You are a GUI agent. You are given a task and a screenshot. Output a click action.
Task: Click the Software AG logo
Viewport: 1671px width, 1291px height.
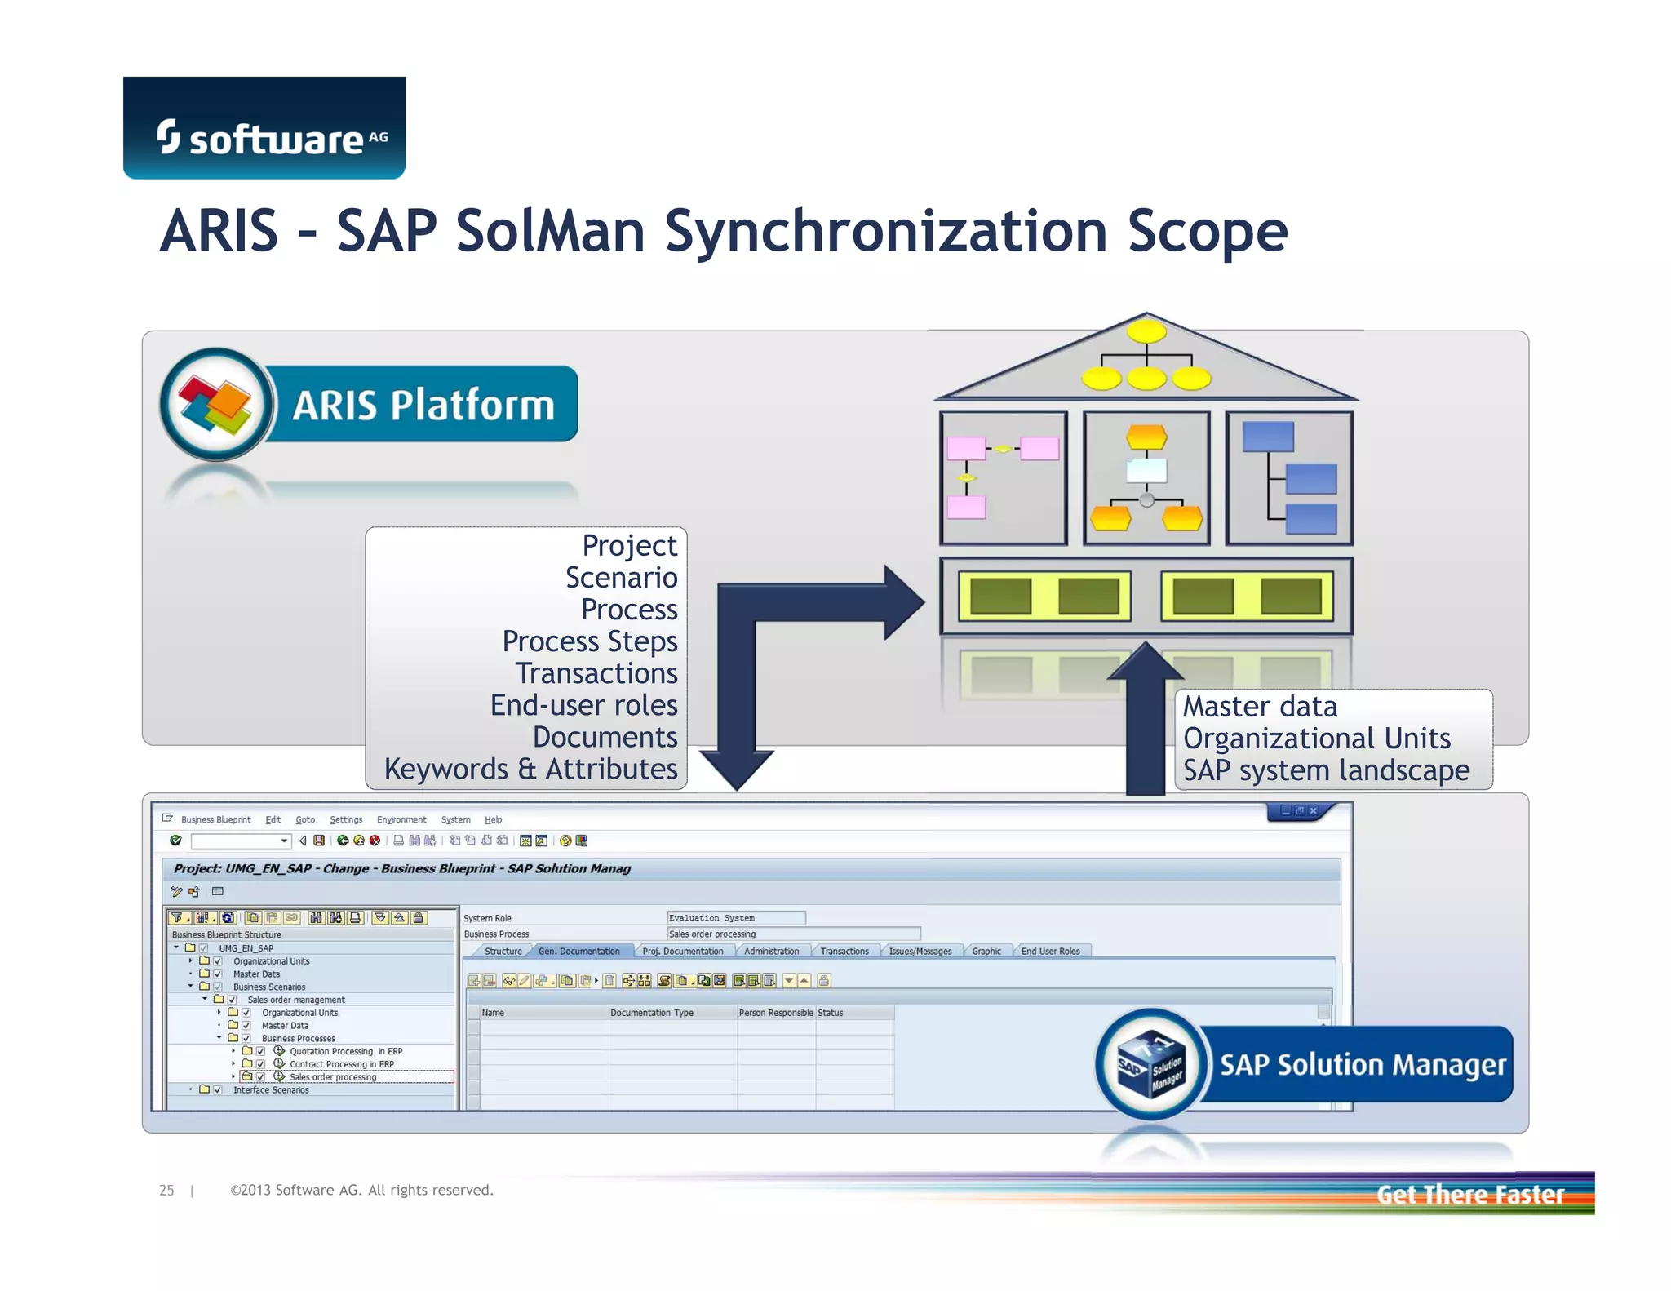pos(264,129)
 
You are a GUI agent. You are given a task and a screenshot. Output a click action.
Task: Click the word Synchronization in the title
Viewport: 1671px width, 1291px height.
pos(885,232)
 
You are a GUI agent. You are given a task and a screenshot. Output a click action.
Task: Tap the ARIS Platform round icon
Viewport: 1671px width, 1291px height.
pos(216,404)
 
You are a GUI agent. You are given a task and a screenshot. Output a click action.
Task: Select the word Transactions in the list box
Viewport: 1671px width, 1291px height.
pos(596,673)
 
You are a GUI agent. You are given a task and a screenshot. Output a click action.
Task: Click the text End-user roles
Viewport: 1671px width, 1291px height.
pos(583,705)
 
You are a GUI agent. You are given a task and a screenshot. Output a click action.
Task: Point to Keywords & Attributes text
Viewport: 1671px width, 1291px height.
pos(530,769)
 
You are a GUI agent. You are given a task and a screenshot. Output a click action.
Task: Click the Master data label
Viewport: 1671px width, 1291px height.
pos(1260,707)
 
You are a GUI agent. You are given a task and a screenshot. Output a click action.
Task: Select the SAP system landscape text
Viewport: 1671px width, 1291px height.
pos(1326,770)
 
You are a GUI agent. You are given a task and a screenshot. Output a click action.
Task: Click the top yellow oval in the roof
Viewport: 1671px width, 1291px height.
pos(1146,331)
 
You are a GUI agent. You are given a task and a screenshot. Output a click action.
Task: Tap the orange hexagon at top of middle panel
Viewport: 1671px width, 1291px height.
pos(1146,437)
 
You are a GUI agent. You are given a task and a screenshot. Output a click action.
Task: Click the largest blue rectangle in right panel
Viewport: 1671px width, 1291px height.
pos(1268,437)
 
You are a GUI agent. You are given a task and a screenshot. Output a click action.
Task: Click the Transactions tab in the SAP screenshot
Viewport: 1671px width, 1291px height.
pos(844,952)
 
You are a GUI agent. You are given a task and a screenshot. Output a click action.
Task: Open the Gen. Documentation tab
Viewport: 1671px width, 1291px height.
pos(578,952)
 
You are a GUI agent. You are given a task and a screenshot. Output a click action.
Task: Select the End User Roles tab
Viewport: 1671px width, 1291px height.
pos(1050,952)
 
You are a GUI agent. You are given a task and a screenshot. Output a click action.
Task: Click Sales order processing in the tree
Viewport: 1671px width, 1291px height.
pos(333,1077)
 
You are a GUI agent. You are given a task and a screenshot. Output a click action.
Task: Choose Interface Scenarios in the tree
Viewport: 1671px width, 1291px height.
pos(271,1090)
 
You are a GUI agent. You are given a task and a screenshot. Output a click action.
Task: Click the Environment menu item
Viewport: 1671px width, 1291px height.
pos(401,820)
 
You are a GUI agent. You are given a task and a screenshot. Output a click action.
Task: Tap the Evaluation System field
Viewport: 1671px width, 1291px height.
pos(735,918)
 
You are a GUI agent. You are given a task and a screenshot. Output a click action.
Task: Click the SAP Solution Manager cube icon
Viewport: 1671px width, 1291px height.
pos(1150,1064)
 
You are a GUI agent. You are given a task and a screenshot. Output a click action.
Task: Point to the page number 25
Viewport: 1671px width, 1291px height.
pos(166,1191)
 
